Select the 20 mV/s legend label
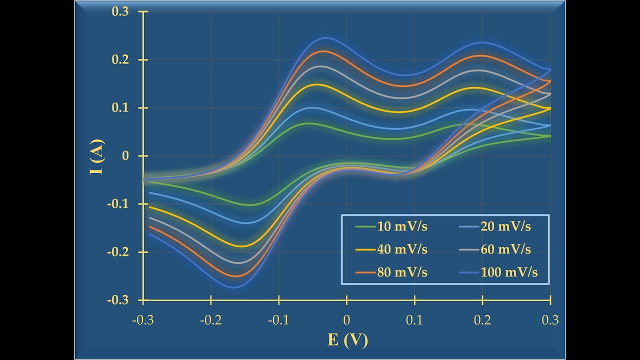505,226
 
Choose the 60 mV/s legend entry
505,249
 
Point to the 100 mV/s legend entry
509,272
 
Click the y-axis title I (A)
97,156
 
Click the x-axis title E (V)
347,340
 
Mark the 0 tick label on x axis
346,319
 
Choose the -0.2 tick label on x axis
210,319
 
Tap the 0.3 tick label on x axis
550,319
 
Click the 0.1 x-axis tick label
414,319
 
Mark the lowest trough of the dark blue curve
233,287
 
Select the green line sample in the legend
364,226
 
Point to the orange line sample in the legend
364,272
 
